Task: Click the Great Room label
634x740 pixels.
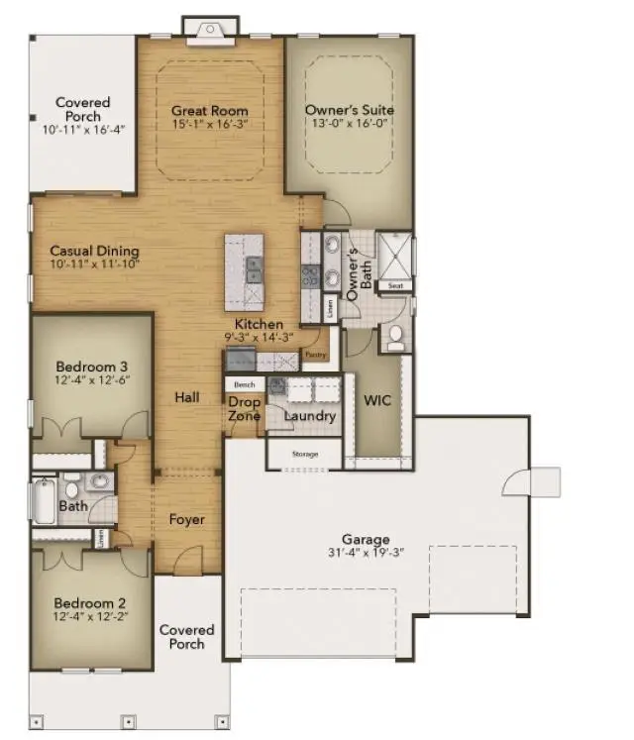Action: tap(209, 111)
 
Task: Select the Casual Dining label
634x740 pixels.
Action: tap(94, 251)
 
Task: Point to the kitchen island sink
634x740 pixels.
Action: tap(255, 264)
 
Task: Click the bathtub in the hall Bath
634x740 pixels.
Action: tap(45, 502)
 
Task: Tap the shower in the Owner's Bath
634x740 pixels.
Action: tap(396, 255)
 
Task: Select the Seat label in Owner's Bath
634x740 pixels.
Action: tap(395, 285)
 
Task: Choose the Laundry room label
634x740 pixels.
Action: tap(310, 417)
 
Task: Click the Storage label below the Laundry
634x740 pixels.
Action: tap(304, 455)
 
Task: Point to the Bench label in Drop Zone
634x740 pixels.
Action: tap(244, 383)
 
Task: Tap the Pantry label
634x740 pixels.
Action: tap(315, 355)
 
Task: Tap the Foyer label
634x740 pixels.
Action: tap(186, 520)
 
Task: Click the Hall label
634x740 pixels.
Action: tap(186, 397)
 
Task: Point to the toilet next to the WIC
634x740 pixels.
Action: tap(395, 338)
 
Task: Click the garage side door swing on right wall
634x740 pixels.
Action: tap(521, 481)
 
